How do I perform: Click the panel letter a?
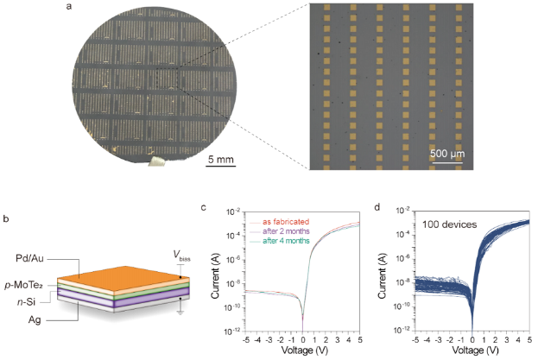(x=68, y=8)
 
